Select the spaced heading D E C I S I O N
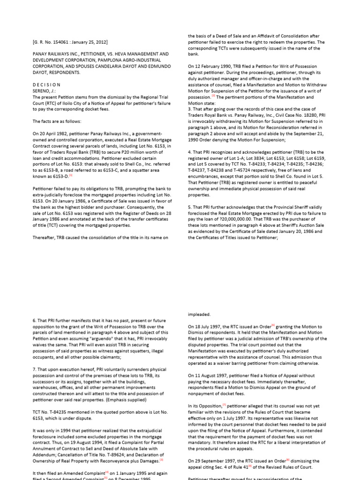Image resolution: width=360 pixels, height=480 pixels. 46,84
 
